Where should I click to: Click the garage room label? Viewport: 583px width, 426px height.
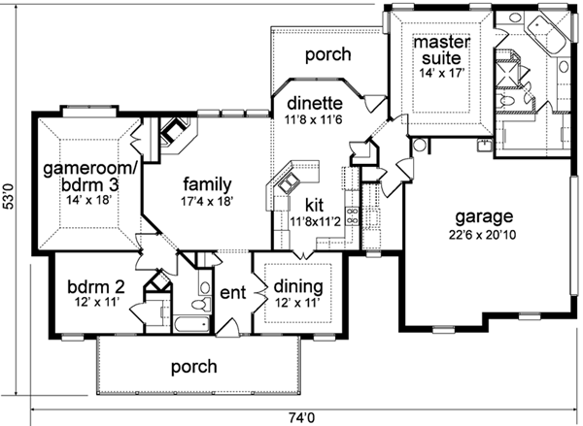pyautogui.click(x=484, y=216)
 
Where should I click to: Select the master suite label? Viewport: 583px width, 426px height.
pyautogui.click(x=442, y=49)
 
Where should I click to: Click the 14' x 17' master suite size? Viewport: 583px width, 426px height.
pyautogui.click(x=442, y=73)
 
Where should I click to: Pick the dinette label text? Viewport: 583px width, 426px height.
pyautogui.click(x=315, y=103)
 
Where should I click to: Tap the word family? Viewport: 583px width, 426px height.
pyautogui.click(x=208, y=184)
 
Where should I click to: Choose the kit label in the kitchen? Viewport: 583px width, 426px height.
pyautogui.click(x=314, y=205)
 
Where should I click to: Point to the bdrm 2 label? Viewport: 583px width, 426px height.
pyautogui.click(x=96, y=287)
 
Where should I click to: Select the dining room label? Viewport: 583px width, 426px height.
pyautogui.click(x=298, y=287)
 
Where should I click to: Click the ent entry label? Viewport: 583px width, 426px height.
pyautogui.click(x=233, y=293)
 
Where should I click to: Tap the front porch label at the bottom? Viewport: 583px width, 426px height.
pyautogui.click(x=194, y=367)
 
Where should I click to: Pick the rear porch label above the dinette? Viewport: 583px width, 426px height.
pyautogui.click(x=328, y=54)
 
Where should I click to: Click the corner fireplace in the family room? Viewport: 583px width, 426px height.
pyautogui.click(x=175, y=135)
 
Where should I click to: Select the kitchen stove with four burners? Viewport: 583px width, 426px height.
pyautogui.click(x=352, y=216)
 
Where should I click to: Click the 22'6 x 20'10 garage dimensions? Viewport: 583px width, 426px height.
pyautogui.click(x=482, y=235)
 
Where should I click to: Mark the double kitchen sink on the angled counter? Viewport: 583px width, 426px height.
pyautogui.click(x=288, y=182)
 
